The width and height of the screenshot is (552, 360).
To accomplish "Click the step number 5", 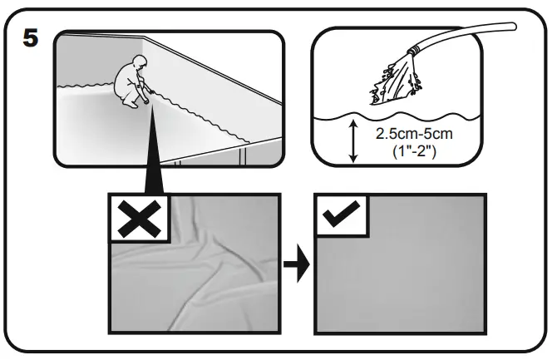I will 30,39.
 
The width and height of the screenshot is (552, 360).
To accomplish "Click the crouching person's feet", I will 131,106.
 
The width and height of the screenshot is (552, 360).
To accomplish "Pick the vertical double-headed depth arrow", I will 355,141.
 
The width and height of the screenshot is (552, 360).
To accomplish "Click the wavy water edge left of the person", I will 87,84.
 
